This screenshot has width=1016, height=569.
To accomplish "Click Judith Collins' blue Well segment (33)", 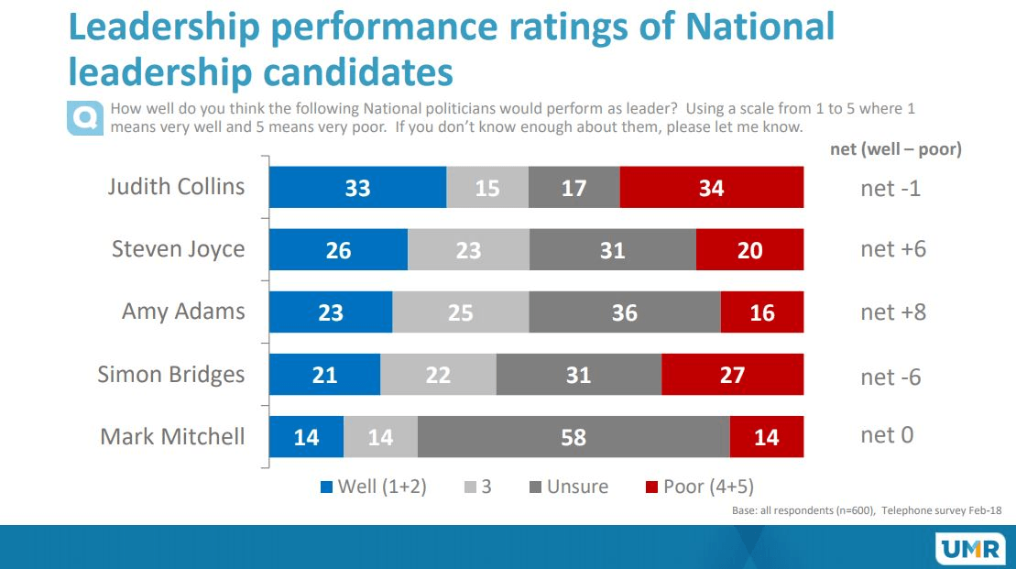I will tap(357, 188).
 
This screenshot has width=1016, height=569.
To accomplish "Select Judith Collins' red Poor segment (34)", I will tap(711, 188).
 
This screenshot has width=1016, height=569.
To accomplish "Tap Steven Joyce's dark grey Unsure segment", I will tap(612, 249).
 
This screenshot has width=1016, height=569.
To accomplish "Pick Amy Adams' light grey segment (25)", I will tap(460, 312).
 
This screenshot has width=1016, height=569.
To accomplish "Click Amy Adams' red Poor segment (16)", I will tap(761, 312).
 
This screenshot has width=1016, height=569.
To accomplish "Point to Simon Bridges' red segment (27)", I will tap(732, 375).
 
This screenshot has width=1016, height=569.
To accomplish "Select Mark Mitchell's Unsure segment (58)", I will tap(574, 437).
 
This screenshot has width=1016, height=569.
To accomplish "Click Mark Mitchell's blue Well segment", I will tap(306, 437).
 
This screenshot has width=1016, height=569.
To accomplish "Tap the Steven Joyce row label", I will tap(178, 248).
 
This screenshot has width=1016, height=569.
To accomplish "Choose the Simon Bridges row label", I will tap(171, 374).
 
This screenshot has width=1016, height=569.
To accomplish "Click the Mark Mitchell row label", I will tap(172, 436).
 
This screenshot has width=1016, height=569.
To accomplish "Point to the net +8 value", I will tap(893, 312).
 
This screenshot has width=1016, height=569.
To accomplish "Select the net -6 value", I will tap(890, 377).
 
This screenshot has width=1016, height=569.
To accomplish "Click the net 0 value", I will tap(887, 435).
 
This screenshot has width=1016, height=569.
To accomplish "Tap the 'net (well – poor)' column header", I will tap(895, 149).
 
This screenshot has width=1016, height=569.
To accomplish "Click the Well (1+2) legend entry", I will tap(373, 487).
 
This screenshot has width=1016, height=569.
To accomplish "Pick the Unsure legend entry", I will tap(568, 487).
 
